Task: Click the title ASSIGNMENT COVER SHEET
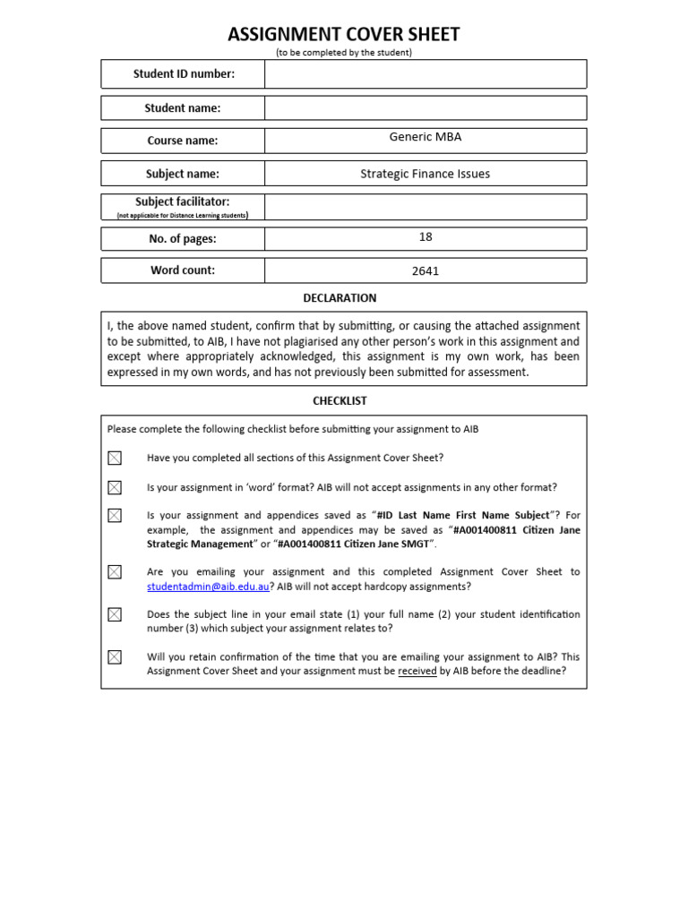(x=344, y=35)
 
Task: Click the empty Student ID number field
(x=426, y=74)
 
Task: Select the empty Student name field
(x=426, y=108)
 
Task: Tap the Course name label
(x=183, y=141)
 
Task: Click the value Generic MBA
(x=426, y=137)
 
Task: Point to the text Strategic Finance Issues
(x=426, y=174)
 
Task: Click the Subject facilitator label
(x=183, y=202)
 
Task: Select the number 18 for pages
(x=426, y=236)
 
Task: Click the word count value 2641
(x=426, y=271)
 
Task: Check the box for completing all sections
(x=115, y=458)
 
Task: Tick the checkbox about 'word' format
(x=115, y=488)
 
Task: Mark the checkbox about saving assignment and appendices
(x=115, y=516)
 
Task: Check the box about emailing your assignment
(x=115, y=572)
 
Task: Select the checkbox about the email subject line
(x=115, y=614)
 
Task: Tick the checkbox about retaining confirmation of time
(x=115, y=657)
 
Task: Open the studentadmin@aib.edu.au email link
(x=207, y=587)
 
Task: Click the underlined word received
(x=417, y=671)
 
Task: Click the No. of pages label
(x=183, y=239)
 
